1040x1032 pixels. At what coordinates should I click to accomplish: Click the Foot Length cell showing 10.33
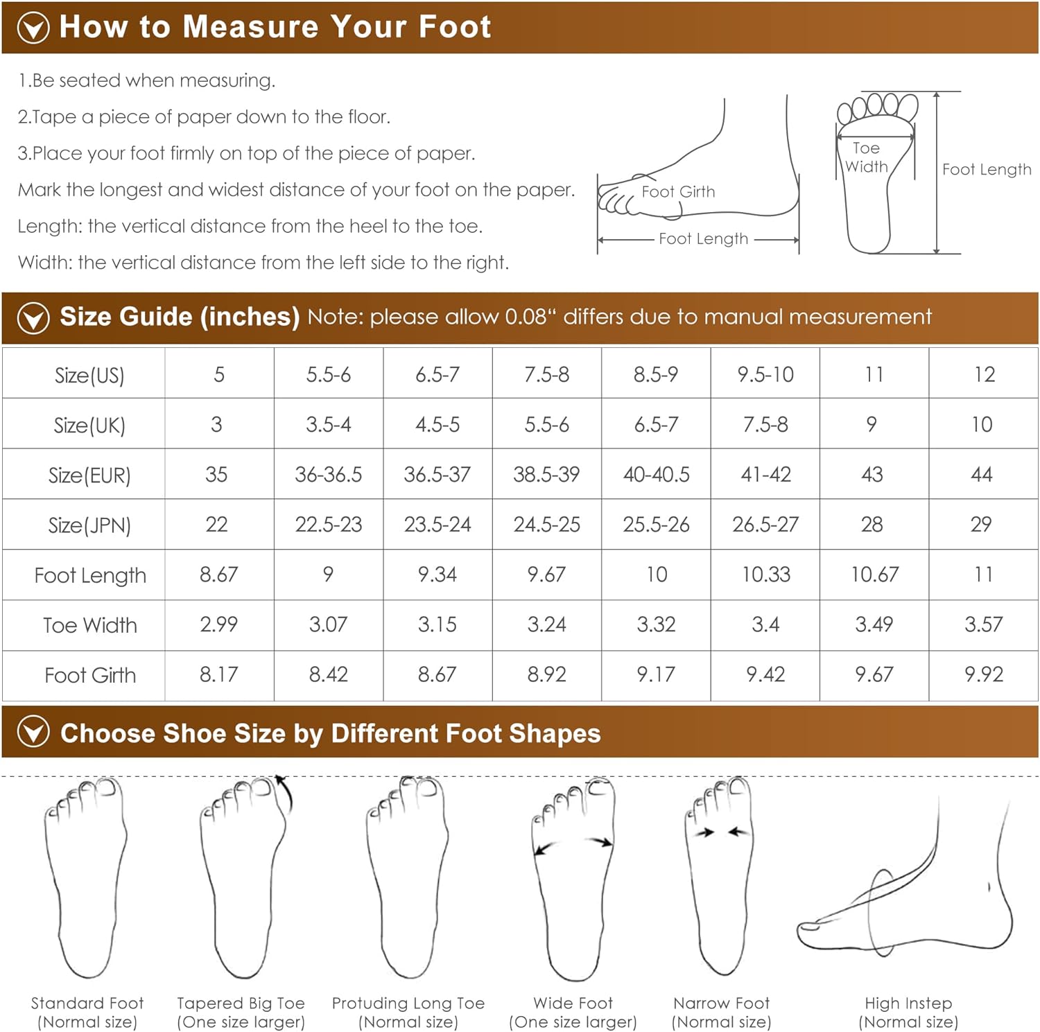click(765, 575)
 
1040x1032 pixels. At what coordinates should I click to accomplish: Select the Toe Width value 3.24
click(546, 624)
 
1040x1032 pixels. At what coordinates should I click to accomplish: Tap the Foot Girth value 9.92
click(983, 674)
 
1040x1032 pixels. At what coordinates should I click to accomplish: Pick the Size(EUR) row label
click(89, 475)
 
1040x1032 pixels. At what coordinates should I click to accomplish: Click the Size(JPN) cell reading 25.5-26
click(656, 525)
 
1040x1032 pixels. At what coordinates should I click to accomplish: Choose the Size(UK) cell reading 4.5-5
click(437, 425)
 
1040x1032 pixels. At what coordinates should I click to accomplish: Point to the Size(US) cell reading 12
click(984, 375)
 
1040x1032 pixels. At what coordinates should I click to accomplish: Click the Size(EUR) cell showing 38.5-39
click(546, 475)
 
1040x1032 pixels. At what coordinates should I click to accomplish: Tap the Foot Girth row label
click(90, 675)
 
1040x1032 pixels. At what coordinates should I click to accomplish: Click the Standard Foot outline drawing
click(86, 877)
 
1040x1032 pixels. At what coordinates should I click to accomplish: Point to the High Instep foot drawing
click(905, 880)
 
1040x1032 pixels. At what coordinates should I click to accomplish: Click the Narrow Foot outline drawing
click(719, 876)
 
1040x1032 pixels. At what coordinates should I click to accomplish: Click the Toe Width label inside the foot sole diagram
click(867, 157)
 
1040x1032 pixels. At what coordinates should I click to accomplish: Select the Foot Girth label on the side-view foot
click(678, 192)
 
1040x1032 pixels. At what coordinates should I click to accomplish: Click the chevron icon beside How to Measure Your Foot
click(33, 28)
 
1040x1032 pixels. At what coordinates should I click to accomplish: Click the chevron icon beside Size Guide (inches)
click(33, 318)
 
